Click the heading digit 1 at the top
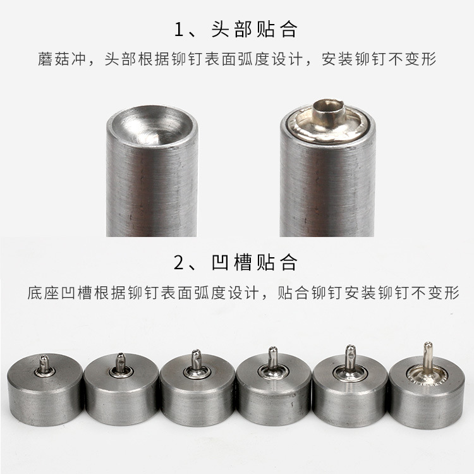179,30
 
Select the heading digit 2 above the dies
179,262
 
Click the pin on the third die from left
196,360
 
